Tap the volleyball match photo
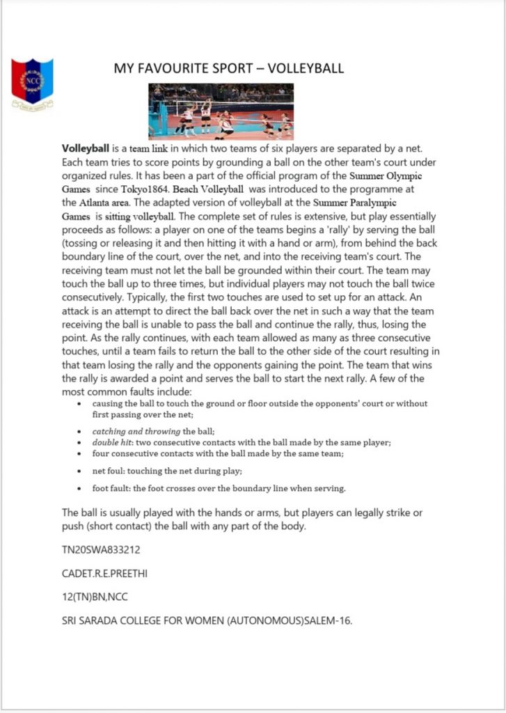221,111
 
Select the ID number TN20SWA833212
101,550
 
